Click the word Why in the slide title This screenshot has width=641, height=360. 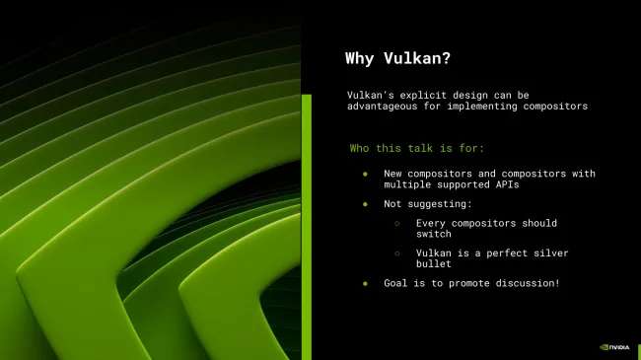pos(360,58)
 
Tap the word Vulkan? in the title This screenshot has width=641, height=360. pos(408,58)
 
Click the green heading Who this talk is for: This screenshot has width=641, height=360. pos(417,148)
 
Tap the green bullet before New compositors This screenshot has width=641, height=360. pos(364,175)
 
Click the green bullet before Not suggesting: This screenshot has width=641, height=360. pos(364,204)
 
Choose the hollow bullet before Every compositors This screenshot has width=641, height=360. pos(397,224)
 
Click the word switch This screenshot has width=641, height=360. pos(434,234)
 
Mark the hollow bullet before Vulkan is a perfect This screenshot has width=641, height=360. pos(397,253)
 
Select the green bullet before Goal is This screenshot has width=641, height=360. pos(364,283)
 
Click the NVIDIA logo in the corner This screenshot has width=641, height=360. pos(614,347)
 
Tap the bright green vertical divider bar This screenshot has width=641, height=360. pos(306,227)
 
